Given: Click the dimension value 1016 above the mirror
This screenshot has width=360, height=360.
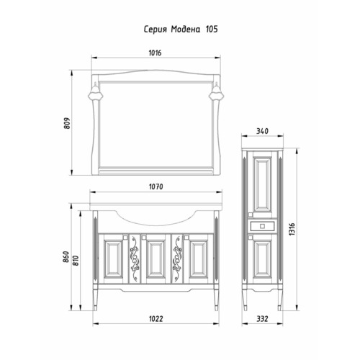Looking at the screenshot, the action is (x=155, y=53).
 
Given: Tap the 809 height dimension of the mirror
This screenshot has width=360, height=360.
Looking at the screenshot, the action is (x=67, y=123).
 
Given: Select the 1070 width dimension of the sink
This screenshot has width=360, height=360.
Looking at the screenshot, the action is (x=156, y=186).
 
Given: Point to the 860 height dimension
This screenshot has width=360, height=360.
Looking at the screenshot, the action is (x=66, y=257).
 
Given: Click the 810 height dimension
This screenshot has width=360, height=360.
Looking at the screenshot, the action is (x=76, y=261).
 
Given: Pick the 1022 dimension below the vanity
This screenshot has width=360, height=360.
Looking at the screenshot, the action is (x=156, y=319).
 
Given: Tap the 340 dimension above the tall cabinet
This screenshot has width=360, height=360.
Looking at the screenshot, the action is (x=262, y=131).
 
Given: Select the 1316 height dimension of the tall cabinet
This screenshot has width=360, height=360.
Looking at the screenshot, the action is (x=292, y=229).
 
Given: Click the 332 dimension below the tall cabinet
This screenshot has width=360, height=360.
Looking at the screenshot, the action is (x=262, y=319).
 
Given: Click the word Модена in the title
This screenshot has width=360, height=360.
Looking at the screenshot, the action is (x=185, y=30).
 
